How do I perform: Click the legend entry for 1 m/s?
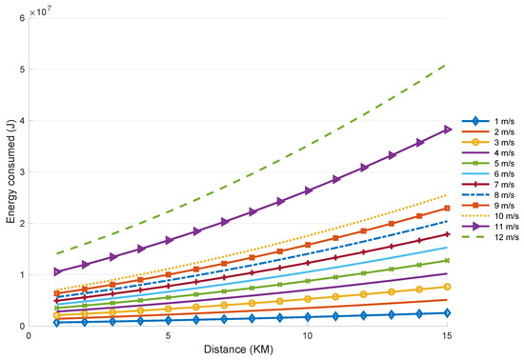pos(494,121)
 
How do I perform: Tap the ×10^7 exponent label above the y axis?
pos(41,9)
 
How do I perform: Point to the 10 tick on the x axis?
pos(307,337)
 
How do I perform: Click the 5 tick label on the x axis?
pos(168,337)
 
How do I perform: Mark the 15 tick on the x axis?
pos(446,337)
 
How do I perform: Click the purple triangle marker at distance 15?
pos(446,130)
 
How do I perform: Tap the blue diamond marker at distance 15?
pos(446,312)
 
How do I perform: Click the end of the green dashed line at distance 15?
pos(446,65)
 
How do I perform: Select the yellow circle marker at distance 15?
pos(446,287)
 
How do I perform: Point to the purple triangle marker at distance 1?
pos(57,271)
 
